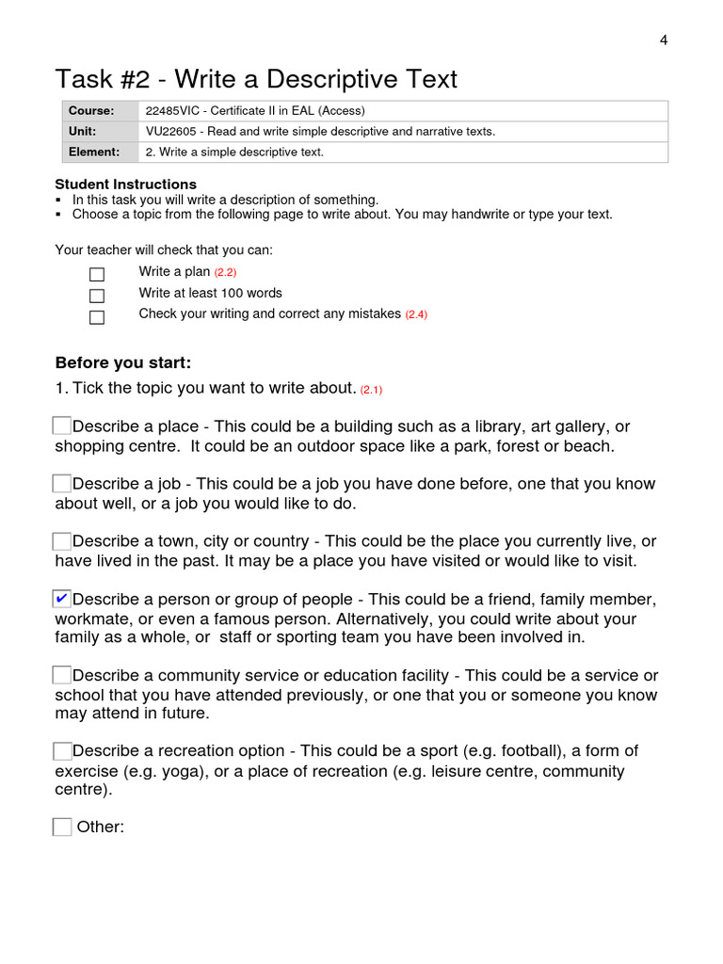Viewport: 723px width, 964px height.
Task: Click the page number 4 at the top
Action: tap(664, 40)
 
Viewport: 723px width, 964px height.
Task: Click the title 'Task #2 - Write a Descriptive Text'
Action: tap(256, 78)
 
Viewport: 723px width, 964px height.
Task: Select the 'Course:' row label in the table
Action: tap(91, 111)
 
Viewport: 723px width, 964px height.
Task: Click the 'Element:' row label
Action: tap(94, 153)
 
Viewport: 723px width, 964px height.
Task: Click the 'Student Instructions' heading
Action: tap(125, 185)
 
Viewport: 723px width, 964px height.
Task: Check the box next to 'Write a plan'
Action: tap(97, 274)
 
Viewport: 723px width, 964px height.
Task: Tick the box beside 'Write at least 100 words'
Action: tap(97, 296)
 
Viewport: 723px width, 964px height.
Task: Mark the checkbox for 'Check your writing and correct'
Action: tap(97, 317)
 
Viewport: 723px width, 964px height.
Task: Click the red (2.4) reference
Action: tap(416, 314)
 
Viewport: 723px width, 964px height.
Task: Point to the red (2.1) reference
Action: tap(371, 390)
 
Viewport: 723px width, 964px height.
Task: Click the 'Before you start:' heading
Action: tap(123, 363)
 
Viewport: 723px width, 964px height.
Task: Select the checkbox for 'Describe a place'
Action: tap(62, 426)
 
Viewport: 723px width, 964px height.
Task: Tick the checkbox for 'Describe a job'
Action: tap(62, 484)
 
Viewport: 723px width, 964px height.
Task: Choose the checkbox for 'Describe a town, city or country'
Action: tap(62, 541)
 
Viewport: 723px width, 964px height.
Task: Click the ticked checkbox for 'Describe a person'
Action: tap(62, 599)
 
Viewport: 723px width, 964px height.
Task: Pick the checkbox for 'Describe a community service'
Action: tap(62, 675)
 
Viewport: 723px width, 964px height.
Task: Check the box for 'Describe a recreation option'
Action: tap(62, 751)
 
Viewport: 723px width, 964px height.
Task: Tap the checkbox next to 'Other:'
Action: tap(62, 827)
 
